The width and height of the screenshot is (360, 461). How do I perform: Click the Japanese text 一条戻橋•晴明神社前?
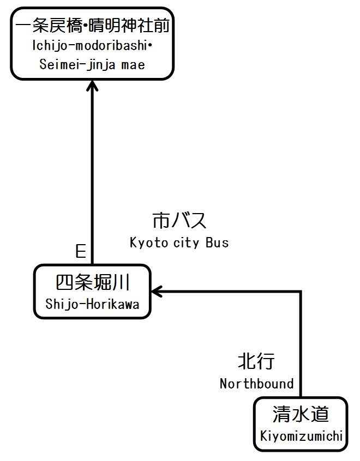pos(92,26)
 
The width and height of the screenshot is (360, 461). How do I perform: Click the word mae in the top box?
pos(133,64)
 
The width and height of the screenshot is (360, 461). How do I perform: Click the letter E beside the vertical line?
pos(81,251)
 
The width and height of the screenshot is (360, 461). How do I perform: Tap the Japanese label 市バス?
pos(179,221)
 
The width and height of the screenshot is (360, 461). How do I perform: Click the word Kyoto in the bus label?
pos(148,243)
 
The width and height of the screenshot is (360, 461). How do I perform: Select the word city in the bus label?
pos(186,243)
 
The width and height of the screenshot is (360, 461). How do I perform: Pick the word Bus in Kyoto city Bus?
pos(217,243)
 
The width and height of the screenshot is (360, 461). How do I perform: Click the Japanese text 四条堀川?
pos(92,283)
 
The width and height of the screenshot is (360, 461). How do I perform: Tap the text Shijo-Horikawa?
pos(92,304)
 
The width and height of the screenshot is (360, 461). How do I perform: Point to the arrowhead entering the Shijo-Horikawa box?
pos(157,292)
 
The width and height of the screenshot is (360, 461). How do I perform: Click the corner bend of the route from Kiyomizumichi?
pos(300,292)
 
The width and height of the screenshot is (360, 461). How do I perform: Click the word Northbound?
pos(256,384)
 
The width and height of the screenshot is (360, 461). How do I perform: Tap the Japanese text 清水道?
pos(301,415)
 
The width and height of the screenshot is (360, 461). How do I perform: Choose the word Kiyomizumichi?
pos(301,436)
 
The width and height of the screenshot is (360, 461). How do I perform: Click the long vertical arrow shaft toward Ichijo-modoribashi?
pos(93,174)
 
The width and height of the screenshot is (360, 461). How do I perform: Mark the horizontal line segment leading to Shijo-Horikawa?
pos(229,292)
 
